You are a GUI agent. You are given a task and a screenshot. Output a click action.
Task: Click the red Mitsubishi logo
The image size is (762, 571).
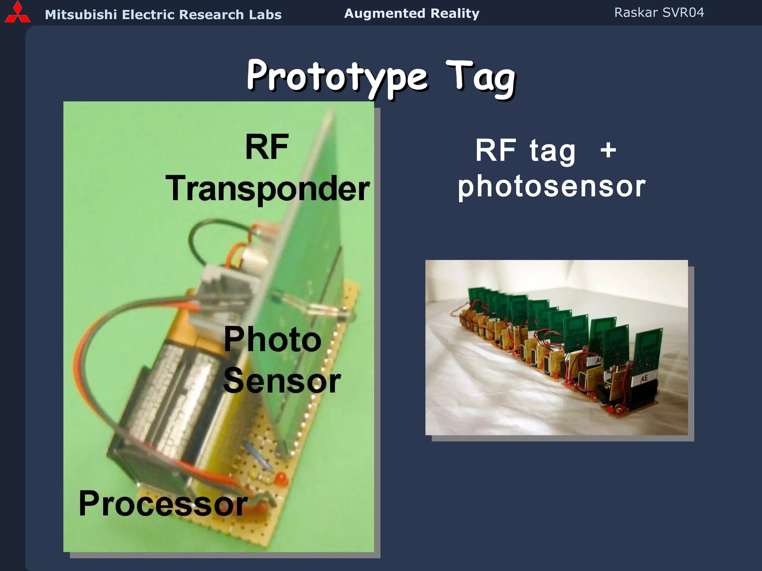coord(17,13)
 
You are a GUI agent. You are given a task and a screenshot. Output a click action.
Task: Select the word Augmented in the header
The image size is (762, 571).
coord(384,14)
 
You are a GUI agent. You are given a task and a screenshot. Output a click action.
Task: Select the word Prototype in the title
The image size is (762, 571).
coord(337,76)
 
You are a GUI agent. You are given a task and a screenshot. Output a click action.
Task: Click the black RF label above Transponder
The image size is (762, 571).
coord(267,147)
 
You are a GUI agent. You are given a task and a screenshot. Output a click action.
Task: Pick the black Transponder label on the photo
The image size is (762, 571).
coord(268,189)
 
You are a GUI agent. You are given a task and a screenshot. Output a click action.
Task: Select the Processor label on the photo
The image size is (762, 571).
coord(163,504)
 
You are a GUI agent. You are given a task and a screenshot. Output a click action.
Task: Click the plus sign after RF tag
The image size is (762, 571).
coord(608,150)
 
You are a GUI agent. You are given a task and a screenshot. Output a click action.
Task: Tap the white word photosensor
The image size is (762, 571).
coord(551,186)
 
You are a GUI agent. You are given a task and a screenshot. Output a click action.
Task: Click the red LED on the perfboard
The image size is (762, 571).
coord(281,478)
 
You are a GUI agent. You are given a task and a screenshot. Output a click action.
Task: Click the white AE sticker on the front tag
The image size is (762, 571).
coord(644,378)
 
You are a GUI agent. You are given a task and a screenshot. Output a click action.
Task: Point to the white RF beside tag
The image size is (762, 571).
coord(496,150)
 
